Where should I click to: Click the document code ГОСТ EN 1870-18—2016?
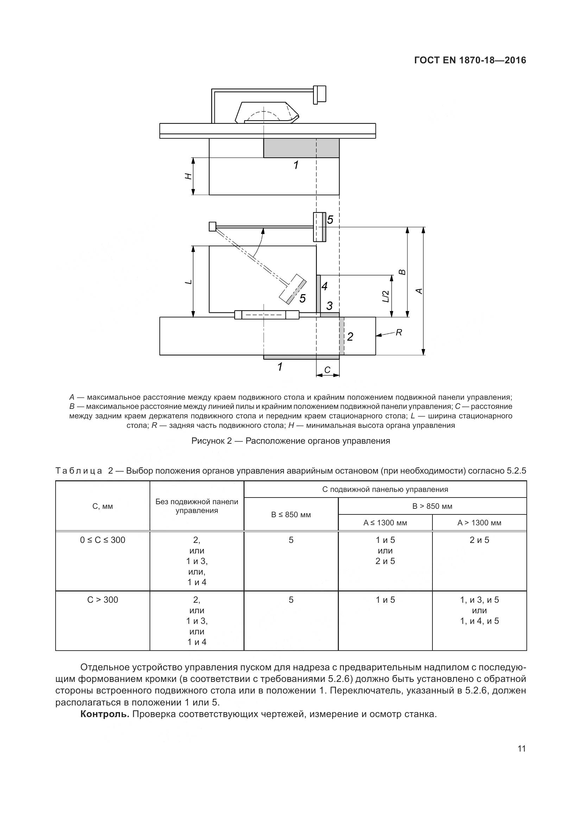tap(470, 60)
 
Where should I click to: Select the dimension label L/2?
tap(386, 296)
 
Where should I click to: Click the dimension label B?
tap(403, 272)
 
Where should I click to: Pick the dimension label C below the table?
tap(327, 370)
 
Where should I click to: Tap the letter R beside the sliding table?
tap(399, 333)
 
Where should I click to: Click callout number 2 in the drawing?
tap(350, 337)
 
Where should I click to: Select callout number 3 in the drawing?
tap(329, 306)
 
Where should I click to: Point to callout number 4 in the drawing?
tap(324, 286)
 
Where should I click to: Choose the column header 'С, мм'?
tap(102, 506)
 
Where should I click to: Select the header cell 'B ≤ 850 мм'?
tap(291, 514)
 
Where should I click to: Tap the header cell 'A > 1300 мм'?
tap(479, 523)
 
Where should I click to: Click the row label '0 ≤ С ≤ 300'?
tap(102, 540)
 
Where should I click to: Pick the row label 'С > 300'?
tap(102, 600)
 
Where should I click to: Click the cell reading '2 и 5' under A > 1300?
tap(479, 540)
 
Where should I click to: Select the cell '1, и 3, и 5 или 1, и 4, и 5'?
tap(479, 610)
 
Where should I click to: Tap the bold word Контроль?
tap(105, 714)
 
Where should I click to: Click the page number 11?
tap(521, 748)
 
